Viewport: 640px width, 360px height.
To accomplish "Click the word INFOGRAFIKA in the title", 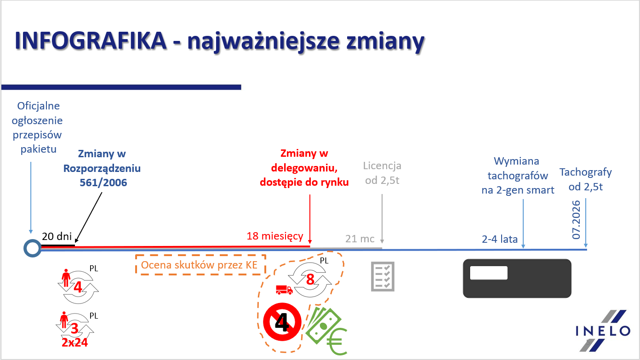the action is pyautogui.click(x=91, y=40).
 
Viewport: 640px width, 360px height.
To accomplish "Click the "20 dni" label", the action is pyautogui.click(x=57, y=236).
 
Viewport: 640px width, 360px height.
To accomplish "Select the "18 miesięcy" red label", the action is pyautogui.click(x=274, y=236).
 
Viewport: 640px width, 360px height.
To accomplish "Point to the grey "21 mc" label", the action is pyautogui.click(x=360, y=239).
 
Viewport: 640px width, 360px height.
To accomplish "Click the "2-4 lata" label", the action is pyautogui.click(x=500, y=239).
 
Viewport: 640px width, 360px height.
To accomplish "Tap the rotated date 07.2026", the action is pyautogui.click(x=576, y=220).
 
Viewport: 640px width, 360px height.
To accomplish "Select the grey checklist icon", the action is pyautogui.click(x=383, y=277).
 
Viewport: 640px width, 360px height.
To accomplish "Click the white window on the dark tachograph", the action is pyautogui.click(x=489, y=273).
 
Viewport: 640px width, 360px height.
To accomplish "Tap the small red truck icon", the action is pyautogui.click(x=284, y=290).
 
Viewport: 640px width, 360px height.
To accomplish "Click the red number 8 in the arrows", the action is pyautogui.click(x=310, y=280).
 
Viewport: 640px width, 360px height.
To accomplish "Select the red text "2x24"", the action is pyautogui.click(x=74, y=342).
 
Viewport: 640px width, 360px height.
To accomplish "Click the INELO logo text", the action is pyautogui.click(x=603, y=331).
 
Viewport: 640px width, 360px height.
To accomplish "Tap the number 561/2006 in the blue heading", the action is pyautogui.click(x=103, y=183).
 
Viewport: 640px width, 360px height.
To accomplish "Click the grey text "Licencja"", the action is pyautogui.click(x=382, y=166).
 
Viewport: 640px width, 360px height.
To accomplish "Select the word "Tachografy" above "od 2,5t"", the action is pyautogui.click(x=585, y=172).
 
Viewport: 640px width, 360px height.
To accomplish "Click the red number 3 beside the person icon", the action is pyautogui.click(x=74, y=329).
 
